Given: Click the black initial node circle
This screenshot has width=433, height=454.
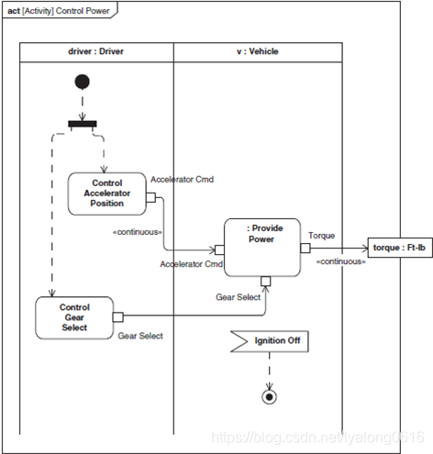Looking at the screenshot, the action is (x=83, y=82).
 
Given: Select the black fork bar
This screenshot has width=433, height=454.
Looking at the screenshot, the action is (x=83, y=124).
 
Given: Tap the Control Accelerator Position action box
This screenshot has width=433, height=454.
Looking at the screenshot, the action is (x=107, y=194).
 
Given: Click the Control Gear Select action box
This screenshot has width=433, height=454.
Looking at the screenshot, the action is (x=74, y=317).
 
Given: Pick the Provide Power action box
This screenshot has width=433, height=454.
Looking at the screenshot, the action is (x=262, y=248).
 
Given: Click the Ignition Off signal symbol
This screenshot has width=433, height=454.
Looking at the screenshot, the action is (x=270, y=341).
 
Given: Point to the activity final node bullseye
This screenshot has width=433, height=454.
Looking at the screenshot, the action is (x=270, y=397).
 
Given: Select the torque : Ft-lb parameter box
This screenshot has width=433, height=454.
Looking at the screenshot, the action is (x=400, y=248).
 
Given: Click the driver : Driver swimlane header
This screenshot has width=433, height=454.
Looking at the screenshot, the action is (x=96, y=52).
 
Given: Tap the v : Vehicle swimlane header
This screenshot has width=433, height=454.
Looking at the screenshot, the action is (x=258, y=52).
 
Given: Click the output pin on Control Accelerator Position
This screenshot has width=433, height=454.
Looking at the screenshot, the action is (x=150, y=197).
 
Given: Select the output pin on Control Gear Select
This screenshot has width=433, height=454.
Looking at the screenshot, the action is (x=118, y=317).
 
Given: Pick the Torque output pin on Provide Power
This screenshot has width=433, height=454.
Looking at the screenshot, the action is (x=305, y=248).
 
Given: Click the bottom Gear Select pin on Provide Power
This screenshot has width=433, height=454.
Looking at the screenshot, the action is (x=266, y=282).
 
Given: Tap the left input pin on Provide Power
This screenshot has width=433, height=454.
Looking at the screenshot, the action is (x=219, y=249).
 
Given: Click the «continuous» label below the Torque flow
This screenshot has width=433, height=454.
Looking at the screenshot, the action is (x=341, y=261).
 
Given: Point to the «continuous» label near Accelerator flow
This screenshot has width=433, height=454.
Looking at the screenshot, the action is (x=138, y=232).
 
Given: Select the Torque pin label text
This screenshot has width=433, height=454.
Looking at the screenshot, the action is (x=321, y=236).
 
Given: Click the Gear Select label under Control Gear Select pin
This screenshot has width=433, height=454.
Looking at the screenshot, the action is (x=140, y=336).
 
